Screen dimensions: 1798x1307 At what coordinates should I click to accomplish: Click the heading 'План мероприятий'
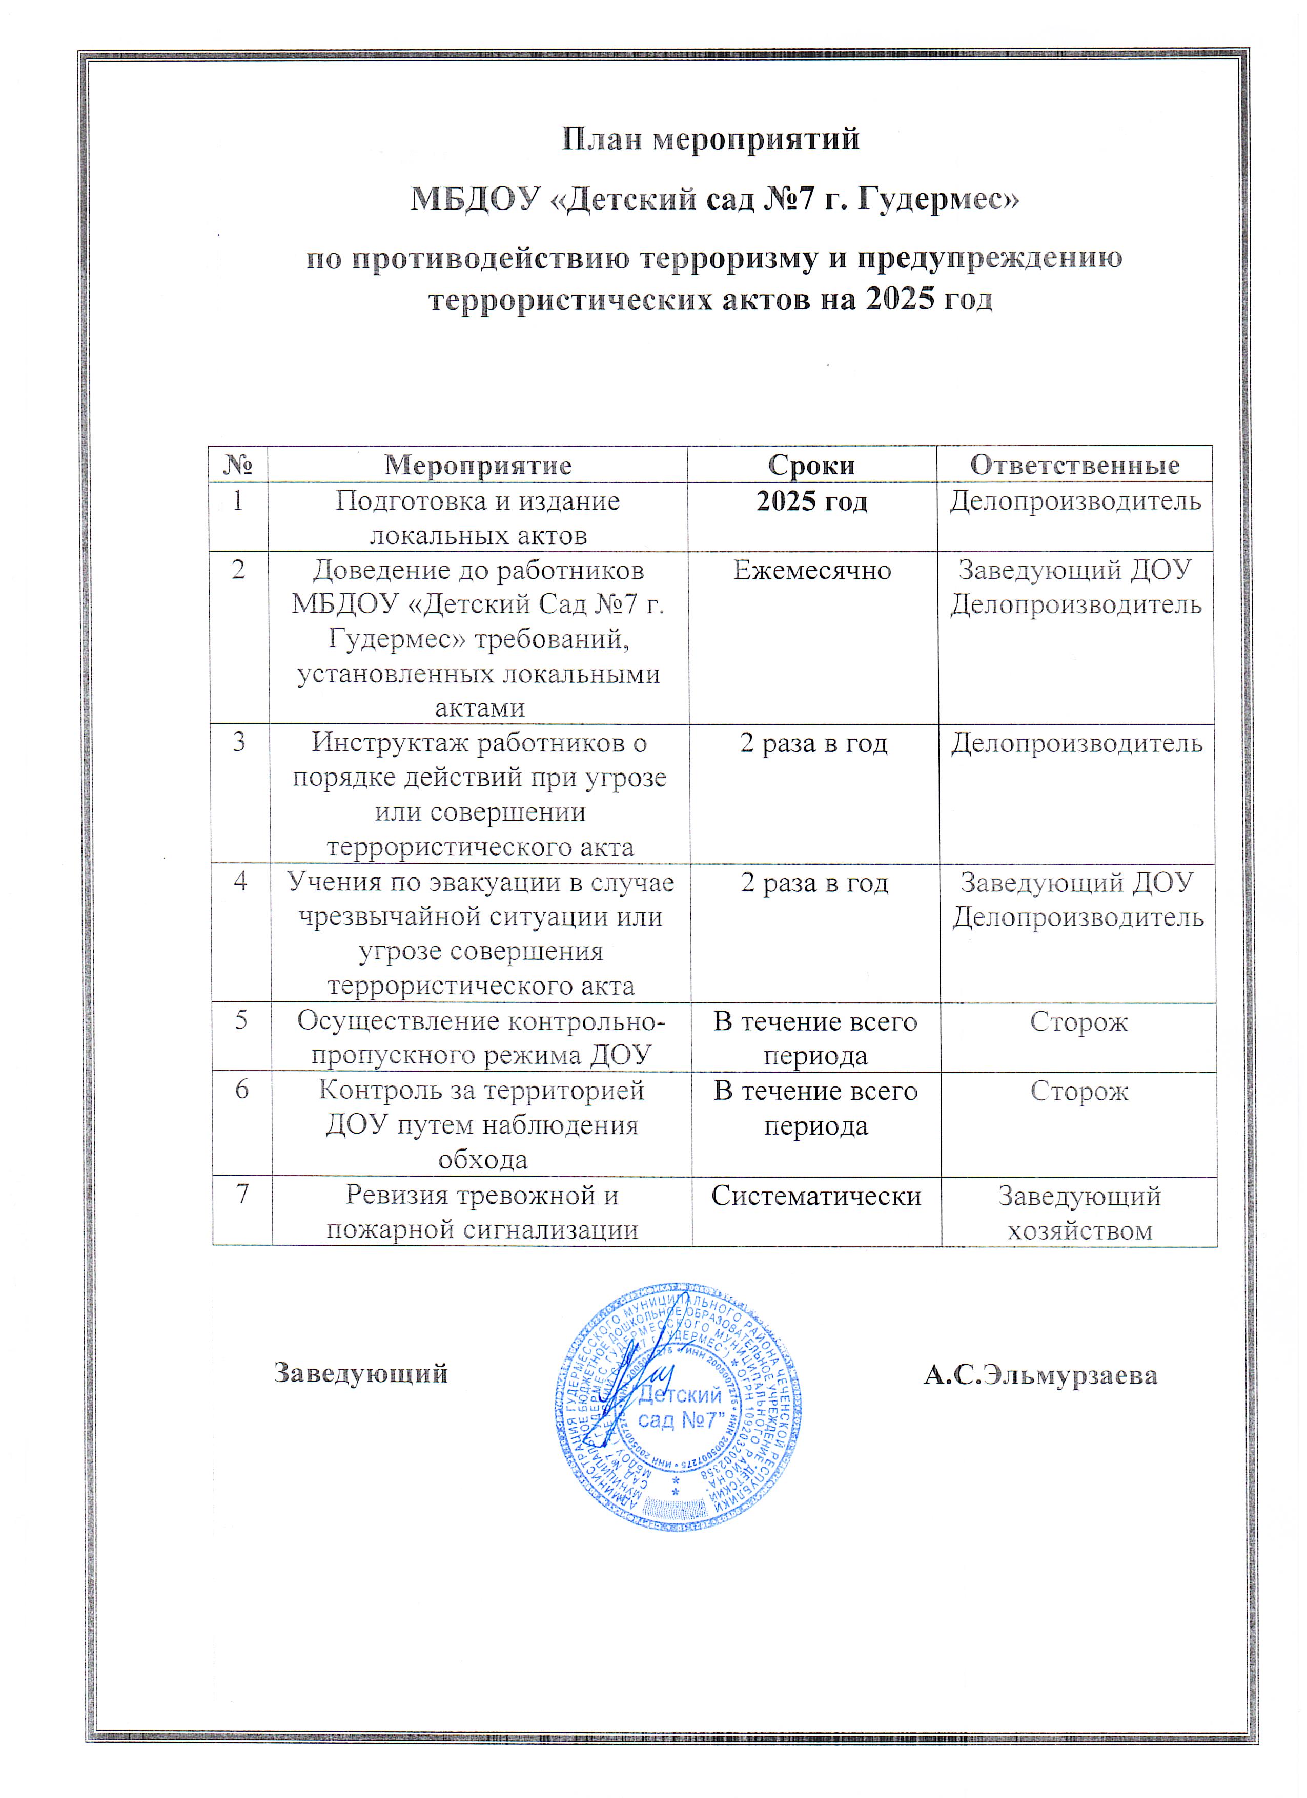710,139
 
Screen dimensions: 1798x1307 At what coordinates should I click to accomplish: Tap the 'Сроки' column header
811,465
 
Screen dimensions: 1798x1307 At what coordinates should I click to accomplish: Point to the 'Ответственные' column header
1075,465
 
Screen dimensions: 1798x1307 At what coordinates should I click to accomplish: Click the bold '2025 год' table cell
812,502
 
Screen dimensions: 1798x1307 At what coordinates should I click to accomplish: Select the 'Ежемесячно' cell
812,571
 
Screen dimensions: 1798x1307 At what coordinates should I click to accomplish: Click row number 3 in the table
239,743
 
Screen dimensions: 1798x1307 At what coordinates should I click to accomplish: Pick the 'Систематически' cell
816,1196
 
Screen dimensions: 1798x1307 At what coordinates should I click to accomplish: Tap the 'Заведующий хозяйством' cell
1079,1213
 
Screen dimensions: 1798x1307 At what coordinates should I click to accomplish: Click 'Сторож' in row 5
1078,1022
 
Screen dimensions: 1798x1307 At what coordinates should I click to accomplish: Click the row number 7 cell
242,1194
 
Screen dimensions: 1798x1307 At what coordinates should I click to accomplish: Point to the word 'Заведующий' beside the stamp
361,1373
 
